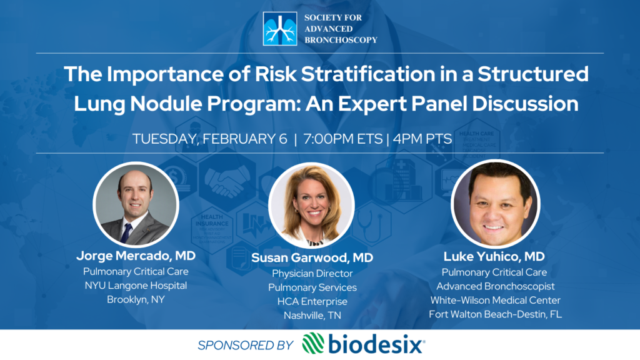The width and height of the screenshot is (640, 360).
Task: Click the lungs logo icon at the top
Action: click(x=280, y=29)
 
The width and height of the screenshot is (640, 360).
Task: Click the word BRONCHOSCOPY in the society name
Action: click(x=341, y=40)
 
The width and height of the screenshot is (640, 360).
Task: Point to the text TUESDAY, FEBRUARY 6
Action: click(x=210, y=139)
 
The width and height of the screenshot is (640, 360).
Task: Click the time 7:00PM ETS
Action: click(x=343, y=139)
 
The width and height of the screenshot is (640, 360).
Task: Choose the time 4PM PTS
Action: click(x=422, y=139)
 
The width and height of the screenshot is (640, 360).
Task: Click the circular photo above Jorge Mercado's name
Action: click(x=136, y=204)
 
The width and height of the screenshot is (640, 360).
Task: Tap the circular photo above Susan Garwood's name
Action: click(x=311, y=205)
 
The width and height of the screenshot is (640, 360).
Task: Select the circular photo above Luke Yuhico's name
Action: click(x=495, y=204)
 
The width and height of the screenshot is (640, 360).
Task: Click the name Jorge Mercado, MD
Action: click(x=136, y=256)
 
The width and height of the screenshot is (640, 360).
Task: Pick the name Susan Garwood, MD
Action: click(x=312, y=258)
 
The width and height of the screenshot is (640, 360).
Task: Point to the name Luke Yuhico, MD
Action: click(x=494, y=257)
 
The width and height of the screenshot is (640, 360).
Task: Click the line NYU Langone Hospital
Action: click(x=136, y=286)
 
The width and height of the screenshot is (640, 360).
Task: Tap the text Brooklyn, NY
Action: click(x=136, y=300)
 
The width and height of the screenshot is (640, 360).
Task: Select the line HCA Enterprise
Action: click(x=312, y=302)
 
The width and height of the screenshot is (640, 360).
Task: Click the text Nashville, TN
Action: click(x=312, y=316)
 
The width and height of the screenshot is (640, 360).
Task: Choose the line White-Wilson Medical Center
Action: click(x=495, y=301)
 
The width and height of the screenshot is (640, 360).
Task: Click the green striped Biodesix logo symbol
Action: click(x=313, y=344)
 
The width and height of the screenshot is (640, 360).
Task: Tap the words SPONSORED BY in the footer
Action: click(x=245, y=345)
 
